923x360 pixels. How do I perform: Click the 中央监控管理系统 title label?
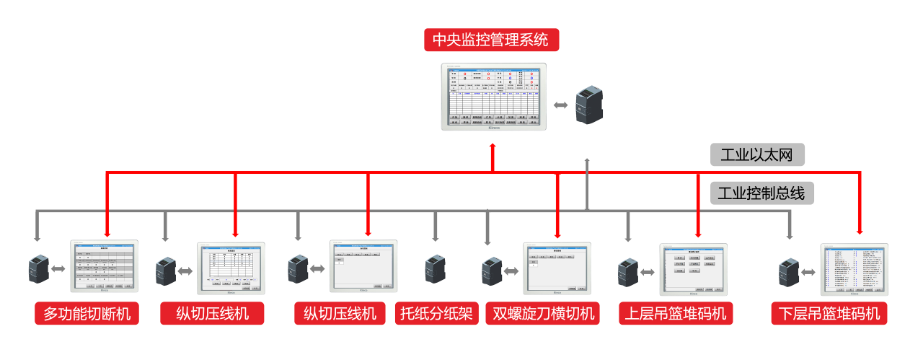(492, 39)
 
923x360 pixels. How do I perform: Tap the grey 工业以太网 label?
(756, 154)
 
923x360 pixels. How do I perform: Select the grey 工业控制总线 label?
(761, 193)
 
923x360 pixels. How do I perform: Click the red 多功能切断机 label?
(87, 314)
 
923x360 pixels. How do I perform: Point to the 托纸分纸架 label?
(436, 314)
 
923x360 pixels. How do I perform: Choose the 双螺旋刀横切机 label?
(544, 314)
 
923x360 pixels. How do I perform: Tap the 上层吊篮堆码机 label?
(676, 314)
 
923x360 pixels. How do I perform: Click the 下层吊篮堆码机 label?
(829, 314)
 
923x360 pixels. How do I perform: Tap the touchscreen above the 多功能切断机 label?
(103, 266)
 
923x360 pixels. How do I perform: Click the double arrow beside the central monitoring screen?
(560, 105)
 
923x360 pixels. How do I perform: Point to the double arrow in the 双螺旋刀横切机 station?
(511, 271)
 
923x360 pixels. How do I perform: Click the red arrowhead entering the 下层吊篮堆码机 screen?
(860, 232)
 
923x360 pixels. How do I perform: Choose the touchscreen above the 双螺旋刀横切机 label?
(557, 269)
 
